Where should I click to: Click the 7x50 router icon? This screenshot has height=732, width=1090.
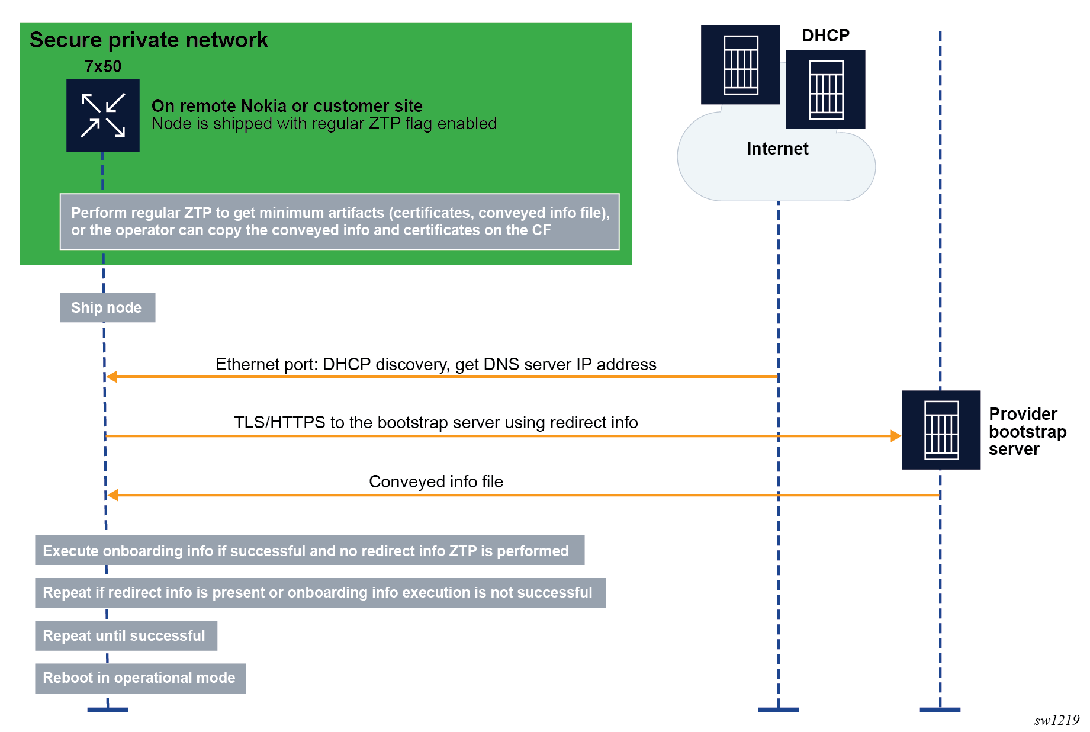[x=103, y=115]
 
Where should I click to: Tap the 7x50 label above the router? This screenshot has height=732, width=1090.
[x=103, y=66]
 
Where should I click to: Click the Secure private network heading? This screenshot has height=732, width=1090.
[x=149, y=40]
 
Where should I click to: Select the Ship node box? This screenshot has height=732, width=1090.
[x=107, y=307]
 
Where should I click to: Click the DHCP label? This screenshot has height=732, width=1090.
[x=825, y=36]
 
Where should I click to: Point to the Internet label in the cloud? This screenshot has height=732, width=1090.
[x=777, y=149]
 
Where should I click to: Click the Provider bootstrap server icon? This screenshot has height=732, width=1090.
[x=941, y=430]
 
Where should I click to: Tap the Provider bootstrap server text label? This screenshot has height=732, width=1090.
[x=1027, y=431]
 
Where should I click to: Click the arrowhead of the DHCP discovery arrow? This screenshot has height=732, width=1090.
[x=112, y=377]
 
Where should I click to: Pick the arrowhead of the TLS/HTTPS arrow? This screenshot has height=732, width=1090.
[x=895, y=436]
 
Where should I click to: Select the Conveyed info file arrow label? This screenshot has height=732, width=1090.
[x=436, y=481]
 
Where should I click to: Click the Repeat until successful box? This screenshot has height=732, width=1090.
[x=126, y=635]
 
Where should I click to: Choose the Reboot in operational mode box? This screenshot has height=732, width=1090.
[x=140, y=678]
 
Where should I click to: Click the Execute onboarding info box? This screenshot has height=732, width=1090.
[x=309, y=551]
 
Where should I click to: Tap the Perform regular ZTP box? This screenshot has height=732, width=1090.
[x=339, y=221]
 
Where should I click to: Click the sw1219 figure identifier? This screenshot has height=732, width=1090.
[x=1057, y=720]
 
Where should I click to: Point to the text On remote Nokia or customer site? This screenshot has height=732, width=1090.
[x=287, y=106]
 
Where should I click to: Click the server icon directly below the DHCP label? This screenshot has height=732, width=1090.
[x=825, y=89]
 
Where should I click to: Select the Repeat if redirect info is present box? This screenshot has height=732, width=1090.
[x=320, y=593]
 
